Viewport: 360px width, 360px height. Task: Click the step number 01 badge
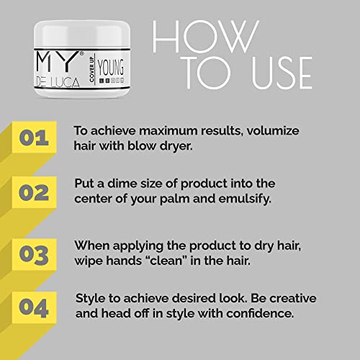[x=35, y=138]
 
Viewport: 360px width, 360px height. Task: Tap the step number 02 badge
[x=35, y=192]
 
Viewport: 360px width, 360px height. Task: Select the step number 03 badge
[x=35, y=254]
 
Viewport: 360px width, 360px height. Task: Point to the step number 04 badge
[x=35, y=307]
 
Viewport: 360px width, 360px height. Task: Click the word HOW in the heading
[x=206, y=37]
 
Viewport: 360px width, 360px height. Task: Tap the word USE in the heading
[x=282, y=73]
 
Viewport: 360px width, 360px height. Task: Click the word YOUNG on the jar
[x=111, y=67]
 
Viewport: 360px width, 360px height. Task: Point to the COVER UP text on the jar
[x=91, y=69]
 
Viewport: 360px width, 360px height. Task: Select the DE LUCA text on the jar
[x=58, y=82]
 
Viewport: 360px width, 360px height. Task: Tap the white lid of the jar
[x=82, y=35]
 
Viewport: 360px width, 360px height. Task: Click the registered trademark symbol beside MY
[x=81, y=54]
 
